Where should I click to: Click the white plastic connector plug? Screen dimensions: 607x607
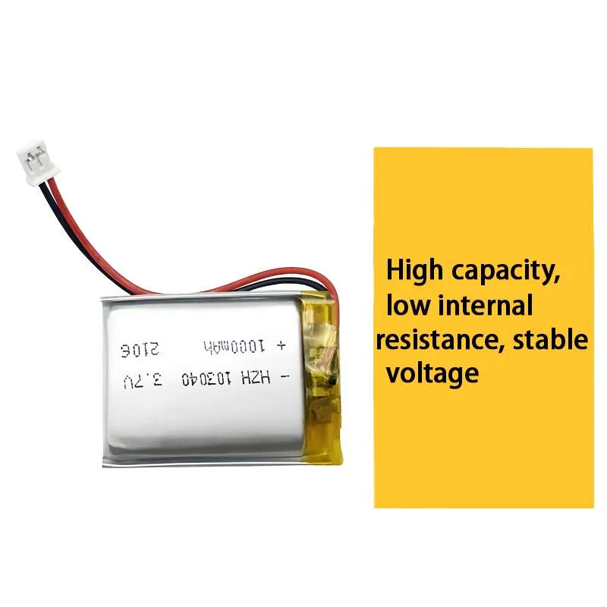37,162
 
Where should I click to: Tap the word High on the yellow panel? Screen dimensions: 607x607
414,271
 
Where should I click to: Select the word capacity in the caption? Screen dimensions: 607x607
506,272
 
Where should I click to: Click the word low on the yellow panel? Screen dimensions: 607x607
408,305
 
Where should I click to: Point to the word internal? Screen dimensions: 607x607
486,305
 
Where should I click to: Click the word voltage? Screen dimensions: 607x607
432,374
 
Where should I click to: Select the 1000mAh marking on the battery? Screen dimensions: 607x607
234,346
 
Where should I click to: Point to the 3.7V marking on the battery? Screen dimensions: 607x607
143,382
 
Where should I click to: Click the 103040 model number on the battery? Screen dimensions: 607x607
206,379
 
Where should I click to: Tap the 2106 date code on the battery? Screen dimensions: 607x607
140,350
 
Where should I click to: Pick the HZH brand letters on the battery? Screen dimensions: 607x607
256,377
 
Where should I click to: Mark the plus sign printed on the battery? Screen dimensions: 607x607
281,344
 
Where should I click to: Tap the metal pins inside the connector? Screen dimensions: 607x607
33,157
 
